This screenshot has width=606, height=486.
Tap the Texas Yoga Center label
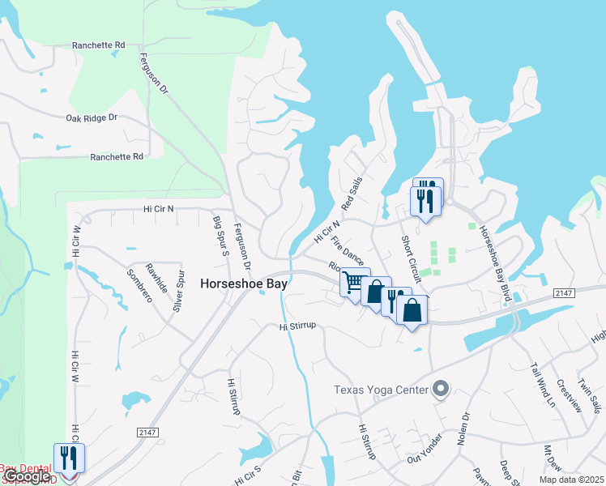point(381,390)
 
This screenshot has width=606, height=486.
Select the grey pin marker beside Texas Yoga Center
point(441,390)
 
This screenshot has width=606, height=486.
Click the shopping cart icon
point(354,282)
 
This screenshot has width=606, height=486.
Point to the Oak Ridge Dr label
point(92,118)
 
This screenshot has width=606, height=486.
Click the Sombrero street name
point(139,286)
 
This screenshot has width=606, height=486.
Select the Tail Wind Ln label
point(541,379)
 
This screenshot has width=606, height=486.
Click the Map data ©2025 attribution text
point(573,480)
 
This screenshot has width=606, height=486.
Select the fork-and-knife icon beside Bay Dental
point(69,458)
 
